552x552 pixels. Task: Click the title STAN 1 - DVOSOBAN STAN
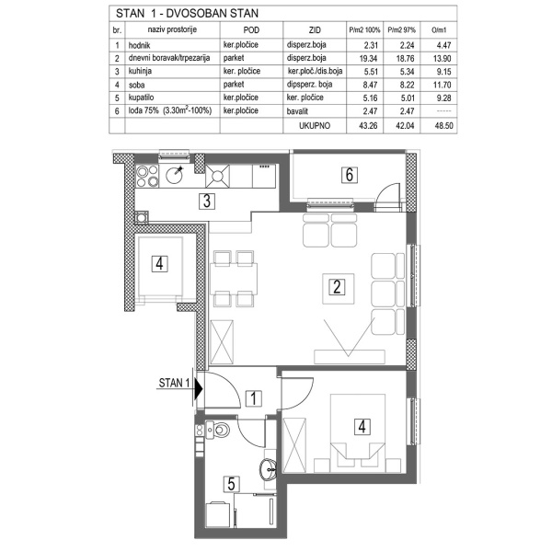tap(185, 13)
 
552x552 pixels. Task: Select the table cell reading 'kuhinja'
tap(147, 68)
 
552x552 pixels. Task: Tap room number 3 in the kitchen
tap(210, 202)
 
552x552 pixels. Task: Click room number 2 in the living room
tap(338, 285)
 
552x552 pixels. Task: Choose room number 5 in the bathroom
tap(232, 481)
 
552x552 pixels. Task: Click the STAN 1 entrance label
tap(174, 384)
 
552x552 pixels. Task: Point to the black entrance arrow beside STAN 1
tap(197, 385)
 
